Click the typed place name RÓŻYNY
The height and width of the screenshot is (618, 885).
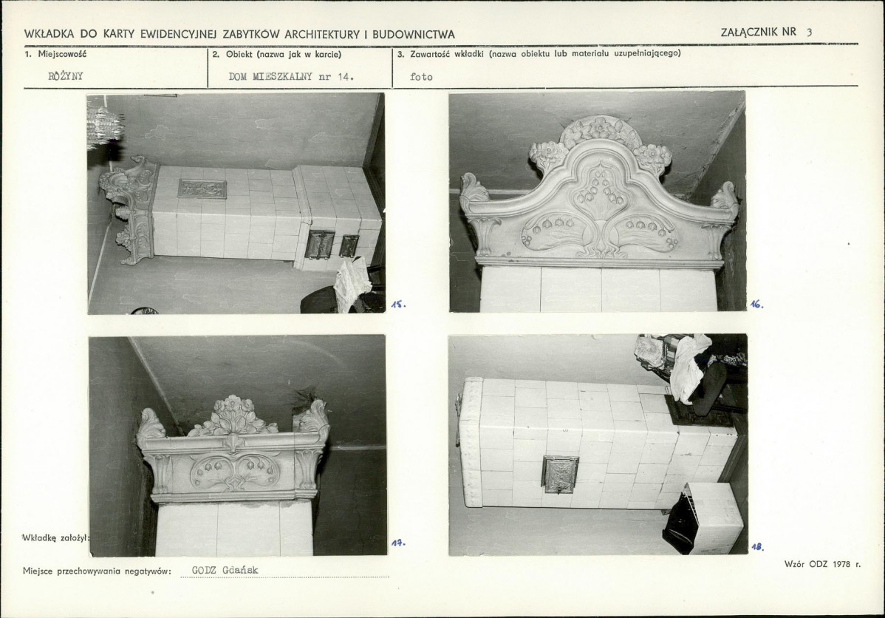[66, 76]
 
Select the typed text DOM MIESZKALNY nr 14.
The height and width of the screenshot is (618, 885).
[291, 77]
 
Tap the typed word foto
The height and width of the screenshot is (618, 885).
[421, 77]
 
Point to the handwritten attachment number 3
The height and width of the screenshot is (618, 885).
[810, 33]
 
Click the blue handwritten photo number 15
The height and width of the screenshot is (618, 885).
[399, 305]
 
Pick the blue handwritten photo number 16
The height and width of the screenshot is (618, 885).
[757, 305]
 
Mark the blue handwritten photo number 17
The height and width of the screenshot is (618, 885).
[398, 543]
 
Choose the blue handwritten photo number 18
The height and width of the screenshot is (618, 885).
[757, 547]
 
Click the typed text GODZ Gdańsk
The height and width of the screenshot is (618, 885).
[225, 570]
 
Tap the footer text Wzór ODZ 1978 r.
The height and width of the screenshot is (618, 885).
[822, 564]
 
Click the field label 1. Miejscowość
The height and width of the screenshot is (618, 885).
[55, 54]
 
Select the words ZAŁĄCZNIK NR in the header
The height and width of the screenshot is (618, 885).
[758, 33]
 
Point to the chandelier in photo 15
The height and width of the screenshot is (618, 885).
[105, 123]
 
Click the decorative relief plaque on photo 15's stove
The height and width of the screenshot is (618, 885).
[202, 189]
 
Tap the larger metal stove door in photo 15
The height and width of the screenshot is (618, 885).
[321, 245]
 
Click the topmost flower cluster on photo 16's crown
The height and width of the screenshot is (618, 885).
[599, 128]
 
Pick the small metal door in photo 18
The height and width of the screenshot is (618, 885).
[558, 473]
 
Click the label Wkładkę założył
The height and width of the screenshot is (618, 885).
[55, 537]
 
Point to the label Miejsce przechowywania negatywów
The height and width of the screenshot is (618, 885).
[97, 571]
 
